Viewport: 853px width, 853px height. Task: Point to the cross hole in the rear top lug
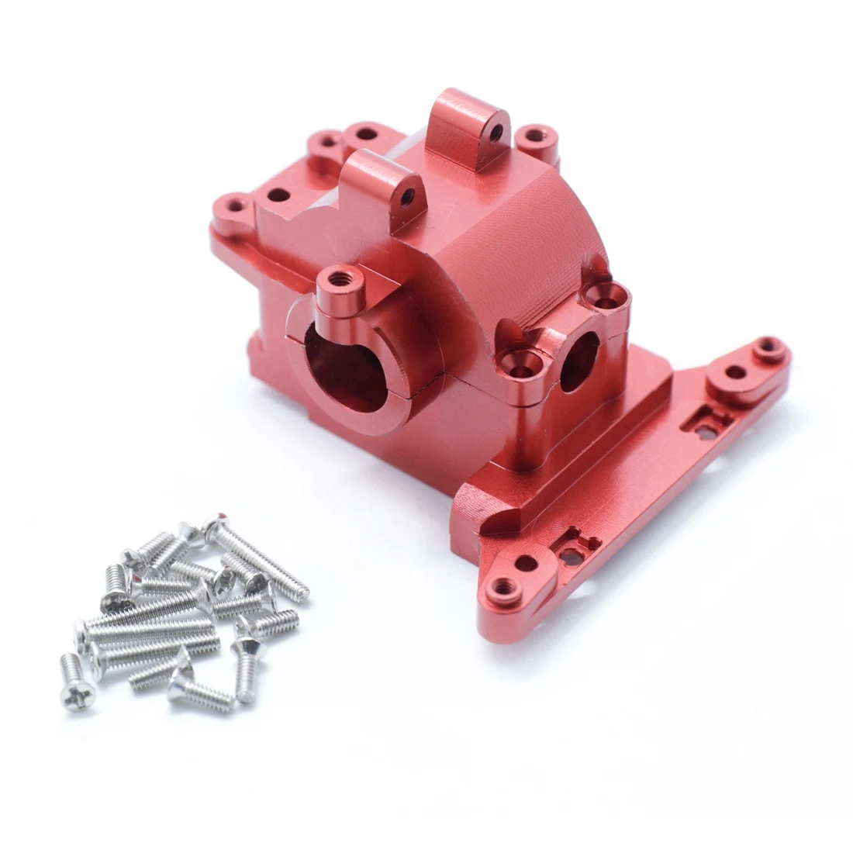[494, 132]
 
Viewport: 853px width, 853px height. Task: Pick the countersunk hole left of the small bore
[516, 358]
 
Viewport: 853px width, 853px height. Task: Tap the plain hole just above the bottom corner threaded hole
[525, 562]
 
